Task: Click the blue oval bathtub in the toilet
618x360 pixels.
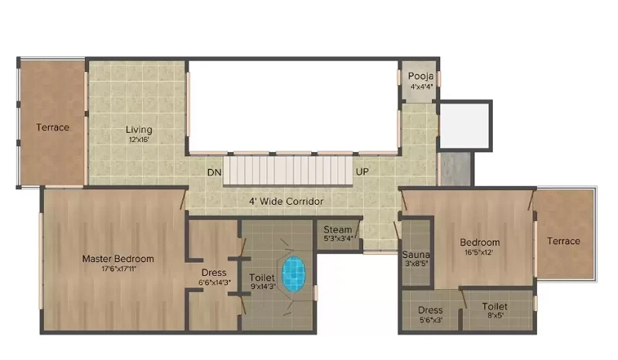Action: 294,274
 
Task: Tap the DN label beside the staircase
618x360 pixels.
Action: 215,172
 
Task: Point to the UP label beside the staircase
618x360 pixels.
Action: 362,172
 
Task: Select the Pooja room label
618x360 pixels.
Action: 420,76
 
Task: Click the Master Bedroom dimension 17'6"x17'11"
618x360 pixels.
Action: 119,269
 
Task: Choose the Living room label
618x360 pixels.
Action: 139,129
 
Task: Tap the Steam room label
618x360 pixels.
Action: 338,229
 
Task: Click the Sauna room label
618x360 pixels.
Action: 416,255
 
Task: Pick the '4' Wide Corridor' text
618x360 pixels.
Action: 286,202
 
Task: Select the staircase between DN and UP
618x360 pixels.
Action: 288,170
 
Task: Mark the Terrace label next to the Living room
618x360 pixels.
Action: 53,127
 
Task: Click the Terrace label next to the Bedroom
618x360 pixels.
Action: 564,241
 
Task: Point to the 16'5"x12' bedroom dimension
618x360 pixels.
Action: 479,253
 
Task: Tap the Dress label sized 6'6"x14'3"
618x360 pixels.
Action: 214,273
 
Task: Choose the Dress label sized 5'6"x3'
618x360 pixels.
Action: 430,311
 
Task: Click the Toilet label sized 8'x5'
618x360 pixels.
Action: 494,307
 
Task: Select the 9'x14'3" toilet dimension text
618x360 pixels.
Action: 263,287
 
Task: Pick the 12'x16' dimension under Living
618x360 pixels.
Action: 139,140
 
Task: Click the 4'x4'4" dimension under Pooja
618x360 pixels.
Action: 422,87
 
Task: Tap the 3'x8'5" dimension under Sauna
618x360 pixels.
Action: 416,263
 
